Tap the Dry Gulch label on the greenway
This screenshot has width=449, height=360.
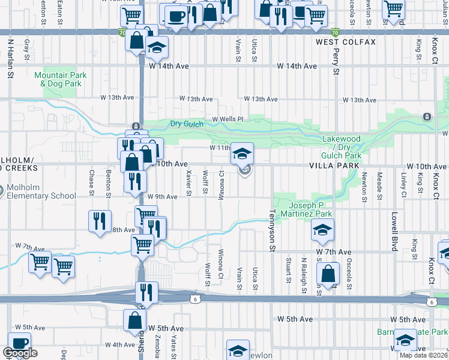(x=184, y=124)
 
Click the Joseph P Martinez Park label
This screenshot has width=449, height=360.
(x=307, y=209)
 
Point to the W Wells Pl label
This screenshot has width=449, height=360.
(x=226, y=119)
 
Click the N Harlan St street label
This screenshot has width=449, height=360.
(x=10, y=59)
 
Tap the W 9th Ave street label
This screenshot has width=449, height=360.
(x=163, y=197)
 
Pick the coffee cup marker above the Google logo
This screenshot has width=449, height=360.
(x=20, y=343)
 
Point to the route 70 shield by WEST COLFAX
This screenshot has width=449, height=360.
(x=335, y=32)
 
